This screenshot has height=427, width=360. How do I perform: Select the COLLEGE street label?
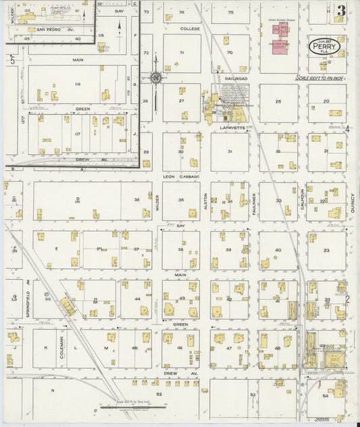click(190, 29)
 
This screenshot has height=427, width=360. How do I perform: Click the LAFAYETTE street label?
click(234, 126)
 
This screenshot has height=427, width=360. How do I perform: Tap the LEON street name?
click(170, 176)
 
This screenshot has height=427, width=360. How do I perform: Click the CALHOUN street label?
click(302, 199)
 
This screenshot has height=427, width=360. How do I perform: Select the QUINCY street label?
click(352, 203)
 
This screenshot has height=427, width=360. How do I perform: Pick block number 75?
click(230, 12)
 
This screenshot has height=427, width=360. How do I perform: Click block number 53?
click(253, 394)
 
